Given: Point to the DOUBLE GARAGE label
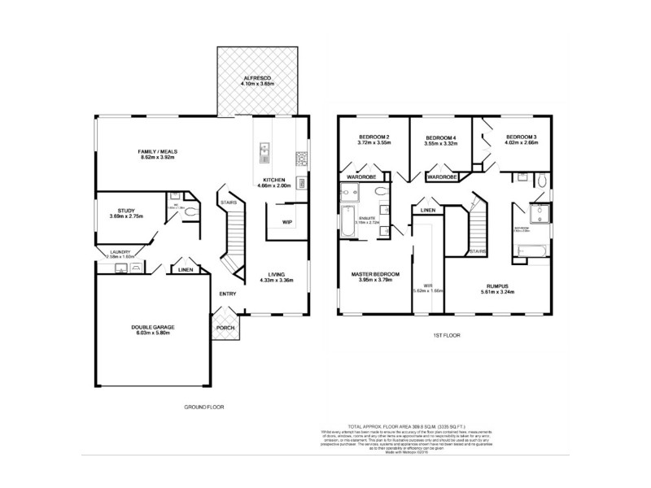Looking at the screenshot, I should pyautogui.click(x=153, y=328).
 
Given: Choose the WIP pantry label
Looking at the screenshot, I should pyautogui.click(x=286, y=220).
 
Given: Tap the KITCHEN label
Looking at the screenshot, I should pyautogui.click(x=274, y=180).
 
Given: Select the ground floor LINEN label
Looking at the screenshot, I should pyautogui.click(x=186, y=269).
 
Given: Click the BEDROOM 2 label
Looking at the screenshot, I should pyautogui.click(x=375, y=137).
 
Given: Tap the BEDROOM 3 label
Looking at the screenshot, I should pyautogui.click(x=521, y=137).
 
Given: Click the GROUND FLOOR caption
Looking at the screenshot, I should pyautogui.click(x=203, y=406).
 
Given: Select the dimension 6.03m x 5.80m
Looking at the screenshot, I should pyautogui.click(x=153, y=333).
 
